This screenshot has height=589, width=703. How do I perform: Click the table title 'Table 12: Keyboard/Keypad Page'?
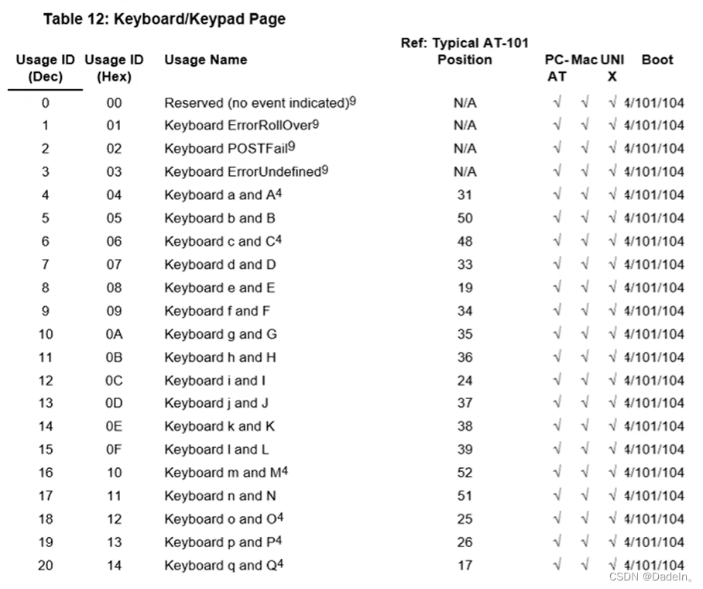(164, 19)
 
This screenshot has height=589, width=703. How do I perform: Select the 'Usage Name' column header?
(205, 60)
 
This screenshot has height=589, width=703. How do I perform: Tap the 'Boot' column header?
(657, 60)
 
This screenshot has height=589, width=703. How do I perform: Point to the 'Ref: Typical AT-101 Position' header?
(465, 51)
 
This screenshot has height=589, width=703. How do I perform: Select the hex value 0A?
(114, 334)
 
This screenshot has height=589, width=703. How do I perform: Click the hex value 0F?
(114, 449)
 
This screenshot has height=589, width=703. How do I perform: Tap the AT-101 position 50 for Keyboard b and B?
(465, 218)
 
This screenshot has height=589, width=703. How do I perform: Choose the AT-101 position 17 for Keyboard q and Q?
(465, 565)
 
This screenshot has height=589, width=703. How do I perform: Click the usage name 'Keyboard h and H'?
(220, 357)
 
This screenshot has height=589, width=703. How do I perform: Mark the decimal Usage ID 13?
(46, 403)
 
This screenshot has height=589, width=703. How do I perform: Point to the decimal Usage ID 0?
(46, 102)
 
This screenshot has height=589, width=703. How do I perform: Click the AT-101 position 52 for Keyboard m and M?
(465, 473)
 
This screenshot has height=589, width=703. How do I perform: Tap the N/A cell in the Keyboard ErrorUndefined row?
(465, 171)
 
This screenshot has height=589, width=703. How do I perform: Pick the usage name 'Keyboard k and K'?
(219, 426)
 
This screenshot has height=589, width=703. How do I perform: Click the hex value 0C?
(114, 381)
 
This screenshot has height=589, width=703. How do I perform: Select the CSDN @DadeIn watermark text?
(650, 577)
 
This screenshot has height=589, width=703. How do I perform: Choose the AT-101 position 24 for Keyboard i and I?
(465, 381)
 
